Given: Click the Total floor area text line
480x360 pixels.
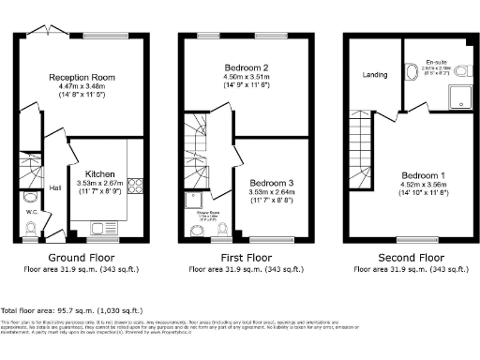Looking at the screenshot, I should tap(80, 309).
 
